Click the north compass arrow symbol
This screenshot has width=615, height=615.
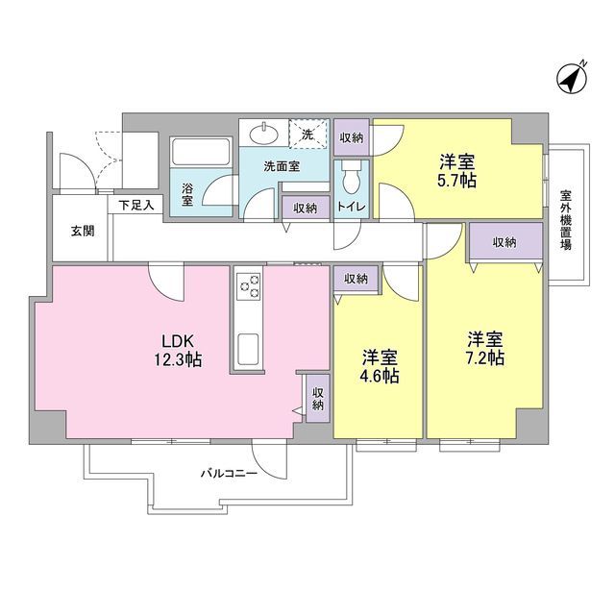573,78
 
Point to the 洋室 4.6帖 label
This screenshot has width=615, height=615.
380,366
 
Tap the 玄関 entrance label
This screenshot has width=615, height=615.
82,231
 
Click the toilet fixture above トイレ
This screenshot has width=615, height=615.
352,179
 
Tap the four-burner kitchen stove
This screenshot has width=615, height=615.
249,284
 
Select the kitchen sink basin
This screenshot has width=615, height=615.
248,347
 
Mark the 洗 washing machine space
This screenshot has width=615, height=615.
307,135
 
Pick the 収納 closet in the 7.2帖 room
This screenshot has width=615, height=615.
504,243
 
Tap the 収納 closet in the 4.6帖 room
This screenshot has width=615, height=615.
355,279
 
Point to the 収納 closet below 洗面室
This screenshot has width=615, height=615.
306,208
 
